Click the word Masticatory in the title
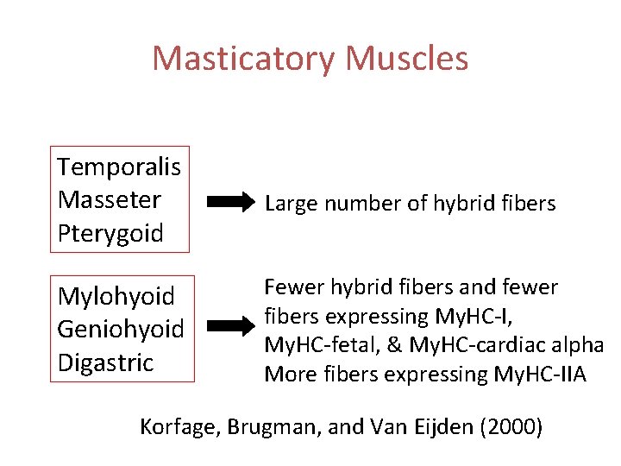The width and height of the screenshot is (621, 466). click(x=244, y=59)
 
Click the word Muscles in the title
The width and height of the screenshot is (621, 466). click(x=406, y=59)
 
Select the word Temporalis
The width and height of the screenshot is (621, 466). click(x=124, y=166)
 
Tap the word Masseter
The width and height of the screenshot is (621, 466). click(x=110, y=199)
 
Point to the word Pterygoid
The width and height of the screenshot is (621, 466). click(x=110, y=233)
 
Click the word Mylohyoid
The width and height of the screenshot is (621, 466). click(x=116, y=297)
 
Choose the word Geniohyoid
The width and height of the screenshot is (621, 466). click(x=121, y=330)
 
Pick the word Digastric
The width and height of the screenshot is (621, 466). click(x=104, y=362)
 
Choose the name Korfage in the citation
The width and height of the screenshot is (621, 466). click(x=179, y=426)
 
